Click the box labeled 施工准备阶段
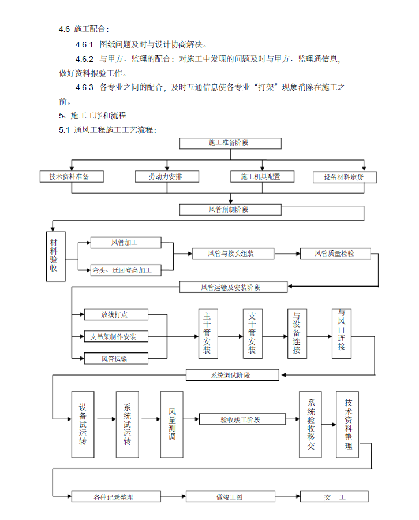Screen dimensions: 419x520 pos(230,143)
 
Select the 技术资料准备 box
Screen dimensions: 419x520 pos(72,176)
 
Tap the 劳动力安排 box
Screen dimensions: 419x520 pos(167,176)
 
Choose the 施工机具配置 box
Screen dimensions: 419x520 pos(262,176)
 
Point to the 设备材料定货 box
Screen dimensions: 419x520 pos(345,177)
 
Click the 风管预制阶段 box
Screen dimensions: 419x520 pos(230,210)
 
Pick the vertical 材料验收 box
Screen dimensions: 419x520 pos(55,257)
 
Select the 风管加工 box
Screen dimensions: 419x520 pos(126,243)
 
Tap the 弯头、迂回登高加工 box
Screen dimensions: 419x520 pos(126,270)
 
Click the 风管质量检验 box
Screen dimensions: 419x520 pos(335,254)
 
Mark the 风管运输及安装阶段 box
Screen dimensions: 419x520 pos(233,287)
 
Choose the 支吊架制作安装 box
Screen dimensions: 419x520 pos(116,337)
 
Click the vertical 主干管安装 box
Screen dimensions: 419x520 pos(208,333)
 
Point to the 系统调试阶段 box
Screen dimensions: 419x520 pos(232,375)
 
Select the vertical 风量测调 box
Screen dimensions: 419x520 pos(171,425)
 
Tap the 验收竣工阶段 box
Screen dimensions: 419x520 pos(242,419)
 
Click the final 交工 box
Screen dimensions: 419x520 pos(334,496)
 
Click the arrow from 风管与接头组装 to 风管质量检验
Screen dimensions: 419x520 pos(287,254)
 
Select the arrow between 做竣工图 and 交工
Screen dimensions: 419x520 pos(287,496)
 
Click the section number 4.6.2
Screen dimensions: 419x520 pos(84,59)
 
